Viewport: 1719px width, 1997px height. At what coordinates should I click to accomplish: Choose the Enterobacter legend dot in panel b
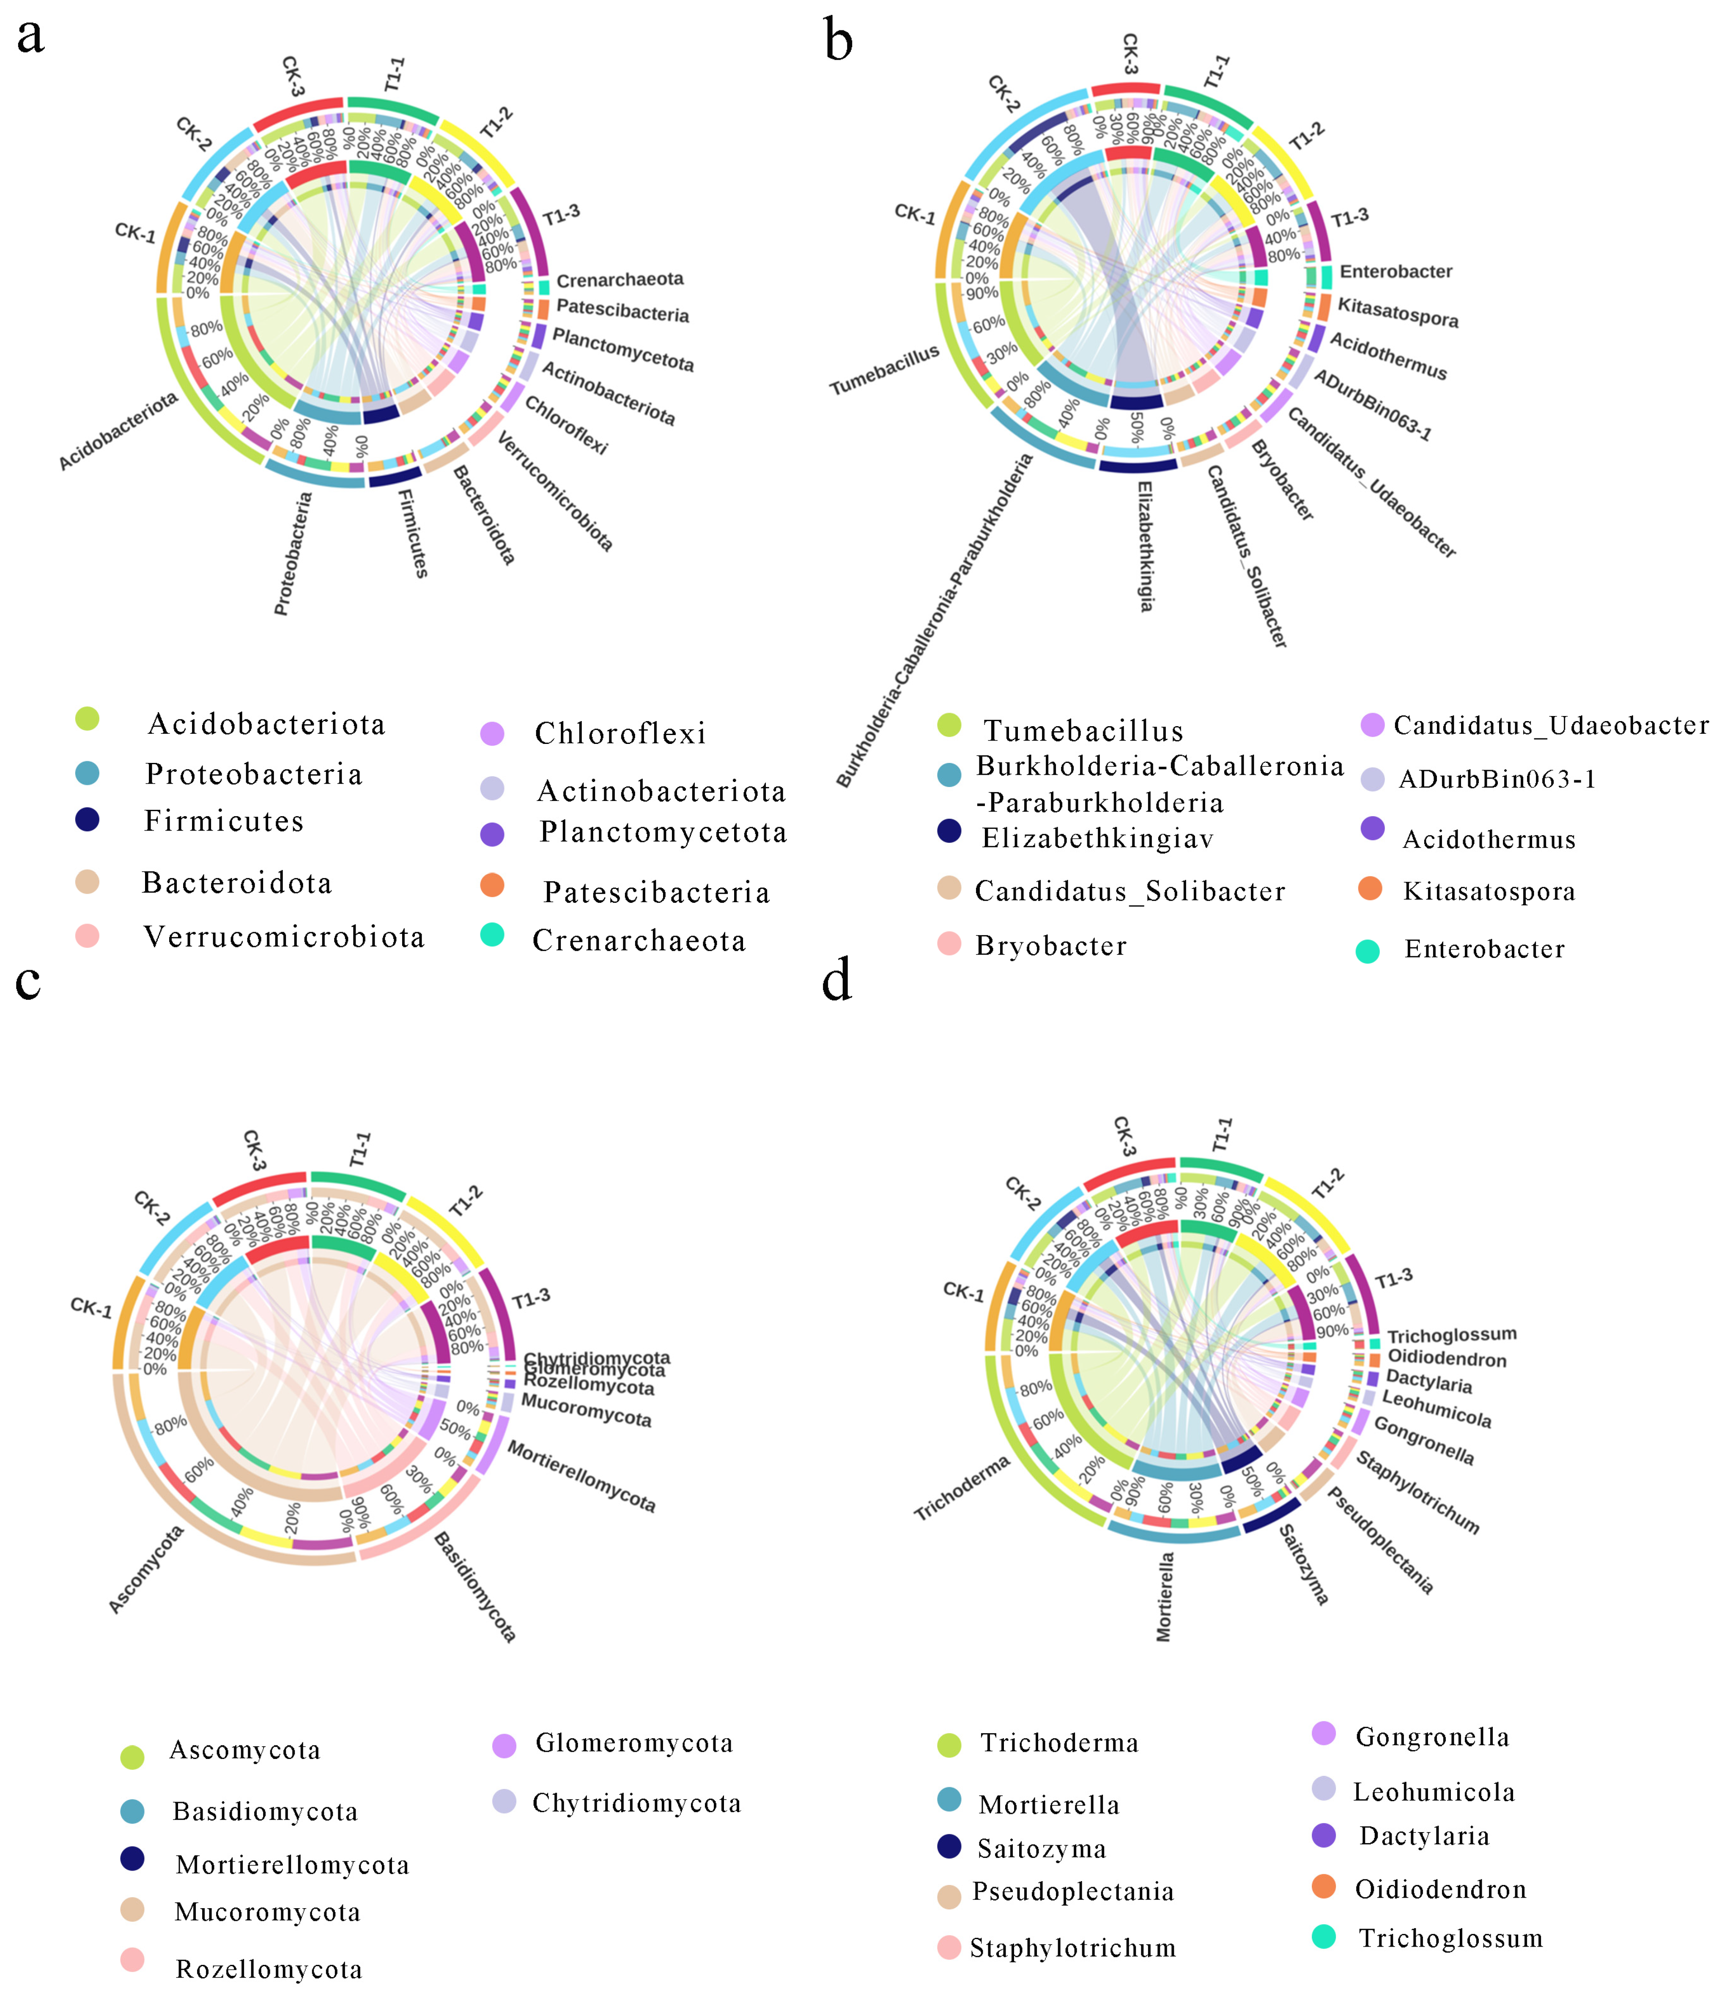point(1367,951)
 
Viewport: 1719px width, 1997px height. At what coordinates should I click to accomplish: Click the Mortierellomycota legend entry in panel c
point(292,1865)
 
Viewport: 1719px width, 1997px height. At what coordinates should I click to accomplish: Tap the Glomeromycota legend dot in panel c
point(504,1745)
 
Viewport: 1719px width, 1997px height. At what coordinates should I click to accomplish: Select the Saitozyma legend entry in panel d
point(1042,1849)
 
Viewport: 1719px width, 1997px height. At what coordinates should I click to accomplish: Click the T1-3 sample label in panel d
point(1393,1279)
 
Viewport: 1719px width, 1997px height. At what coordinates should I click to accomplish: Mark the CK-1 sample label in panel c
point(91,1308)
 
